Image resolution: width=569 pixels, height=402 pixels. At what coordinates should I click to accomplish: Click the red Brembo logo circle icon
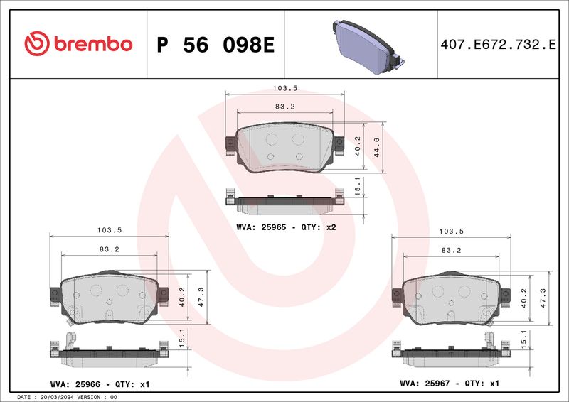[x=37, y=43]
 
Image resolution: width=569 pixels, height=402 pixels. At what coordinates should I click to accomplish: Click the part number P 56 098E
[x=216, y=45]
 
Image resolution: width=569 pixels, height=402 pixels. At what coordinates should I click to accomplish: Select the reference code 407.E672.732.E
[x=498, y=45]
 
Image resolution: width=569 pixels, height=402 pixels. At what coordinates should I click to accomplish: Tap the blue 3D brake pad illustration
[x=368, y=46]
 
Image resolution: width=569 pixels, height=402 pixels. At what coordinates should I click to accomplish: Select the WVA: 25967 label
[x=425, y=383]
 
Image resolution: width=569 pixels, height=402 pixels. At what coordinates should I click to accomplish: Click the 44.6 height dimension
[x=377, y=147]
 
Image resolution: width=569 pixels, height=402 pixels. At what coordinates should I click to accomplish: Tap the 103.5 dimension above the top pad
[x=285, y=88]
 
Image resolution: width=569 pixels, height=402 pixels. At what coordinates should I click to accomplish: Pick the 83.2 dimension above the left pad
[x=110, y=249]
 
